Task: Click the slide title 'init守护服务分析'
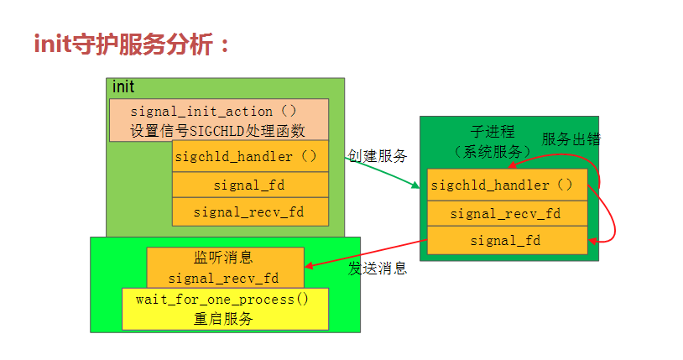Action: (133, 44)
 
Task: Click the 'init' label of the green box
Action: (123, 87)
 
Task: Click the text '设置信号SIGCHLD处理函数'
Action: (216, 130)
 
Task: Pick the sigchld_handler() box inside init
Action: (249, 156)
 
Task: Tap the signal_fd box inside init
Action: (249, 185)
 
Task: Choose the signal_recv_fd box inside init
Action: (249, 212)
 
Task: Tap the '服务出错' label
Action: (571, 138)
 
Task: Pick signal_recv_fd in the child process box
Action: (505, 213)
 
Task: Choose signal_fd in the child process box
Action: (505, 241)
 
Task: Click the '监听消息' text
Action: (224, 258)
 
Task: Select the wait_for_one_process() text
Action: (224, 300)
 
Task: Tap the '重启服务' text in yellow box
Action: (224, 319)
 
